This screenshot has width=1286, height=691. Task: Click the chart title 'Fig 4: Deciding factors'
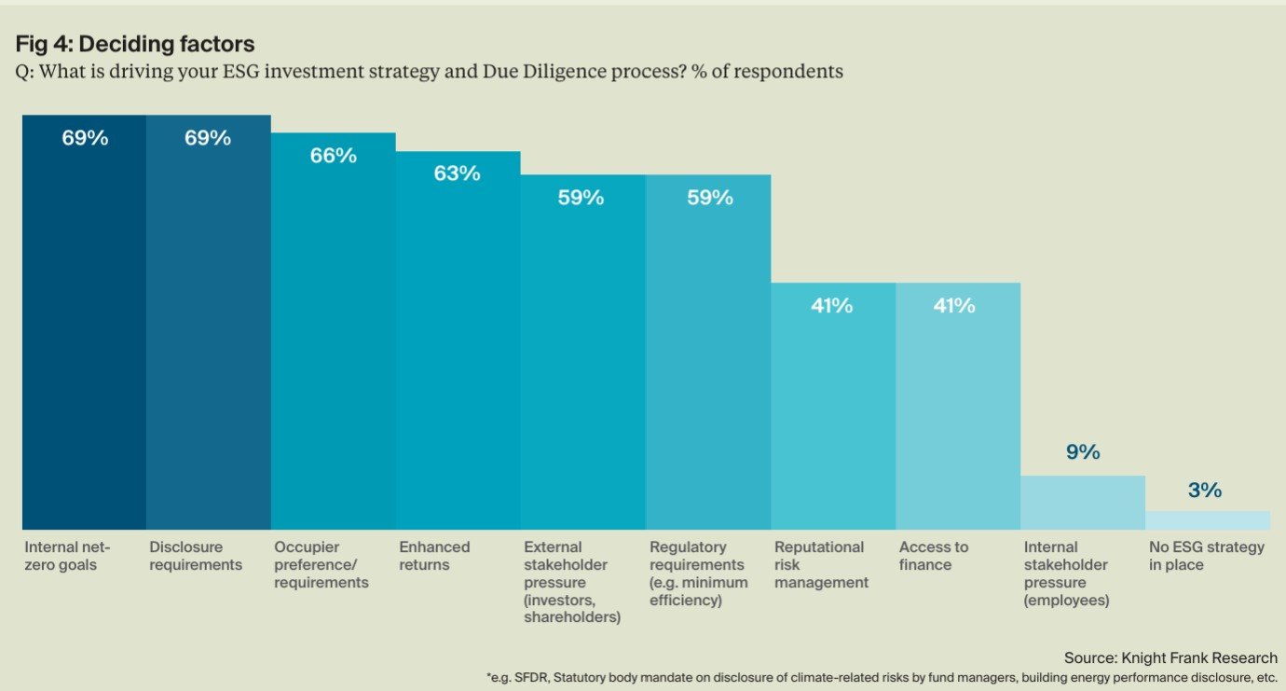pyautogui.click(x=135, y=44)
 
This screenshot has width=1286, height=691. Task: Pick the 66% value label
pyautogui.click(x=334, y=156)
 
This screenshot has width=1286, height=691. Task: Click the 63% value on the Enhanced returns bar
pyautogui.click(x=458, y=173)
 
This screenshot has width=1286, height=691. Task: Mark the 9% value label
pyautogui.click(x=1083, y=452)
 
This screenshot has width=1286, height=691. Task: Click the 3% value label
pyautogui.click(x=1205, y=491)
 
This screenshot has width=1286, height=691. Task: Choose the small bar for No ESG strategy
pyautogui.click(x=1208, y=520)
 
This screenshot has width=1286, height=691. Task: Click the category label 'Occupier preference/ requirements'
pyautogui.click(x=321, y=565)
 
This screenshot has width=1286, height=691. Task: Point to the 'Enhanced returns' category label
pyautogui.click(x=434, y=556)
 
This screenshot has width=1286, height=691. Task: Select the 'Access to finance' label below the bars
pyautogui.click(x=934, y=556)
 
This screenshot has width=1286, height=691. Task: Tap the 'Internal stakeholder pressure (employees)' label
pyautogui.click(x=1067, y=574)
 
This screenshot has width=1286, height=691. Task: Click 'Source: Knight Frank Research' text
pyautogui.click(x=1170, y=658)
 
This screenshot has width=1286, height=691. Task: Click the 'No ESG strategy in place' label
pyautogui.click(x=1207, y=556)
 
